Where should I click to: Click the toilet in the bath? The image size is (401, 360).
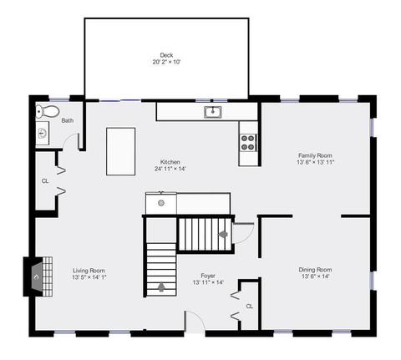pos(48,111)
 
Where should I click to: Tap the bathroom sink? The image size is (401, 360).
pos(43,133)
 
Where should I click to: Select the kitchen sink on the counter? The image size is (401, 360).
pos(213,112)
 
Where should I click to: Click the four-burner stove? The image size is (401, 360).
pos(248,143)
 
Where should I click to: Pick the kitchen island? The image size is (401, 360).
pos(121,151)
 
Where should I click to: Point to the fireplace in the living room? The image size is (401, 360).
pos(38,276)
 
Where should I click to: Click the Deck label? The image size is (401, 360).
pos(166,55)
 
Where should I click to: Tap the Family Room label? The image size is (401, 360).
pos(315,155)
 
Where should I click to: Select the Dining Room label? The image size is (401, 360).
pos(315,270)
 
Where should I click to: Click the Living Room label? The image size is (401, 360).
pos(89,271)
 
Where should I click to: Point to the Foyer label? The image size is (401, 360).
pos(208,276)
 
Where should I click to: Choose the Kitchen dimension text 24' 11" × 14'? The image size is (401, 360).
pos(170,169)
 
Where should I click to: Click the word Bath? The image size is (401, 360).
pos(68,120)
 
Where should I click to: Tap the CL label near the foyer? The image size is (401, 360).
pos(250,307)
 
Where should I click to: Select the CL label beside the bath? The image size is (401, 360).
pos(45,181)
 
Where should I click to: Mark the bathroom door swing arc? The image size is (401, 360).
pos(69,137)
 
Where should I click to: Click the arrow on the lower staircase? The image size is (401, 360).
pos(161,286)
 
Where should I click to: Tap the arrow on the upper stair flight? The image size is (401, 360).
pos(223,234)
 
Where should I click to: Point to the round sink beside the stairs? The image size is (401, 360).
pos(161,203)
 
